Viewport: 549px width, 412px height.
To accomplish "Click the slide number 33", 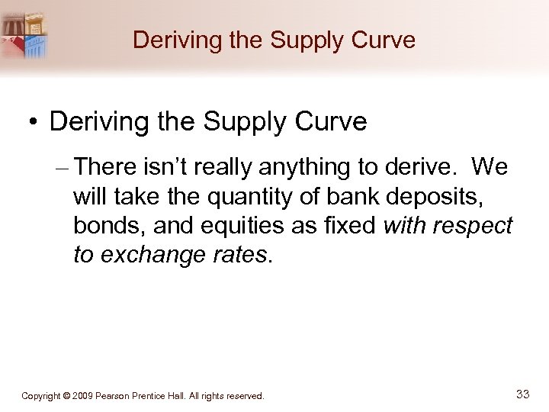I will (x=522, y=394).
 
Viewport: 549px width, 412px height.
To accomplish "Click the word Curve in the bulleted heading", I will (x=330, y=122).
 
